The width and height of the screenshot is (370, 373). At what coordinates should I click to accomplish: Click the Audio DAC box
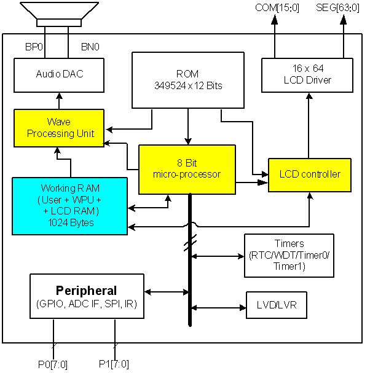[59, 74]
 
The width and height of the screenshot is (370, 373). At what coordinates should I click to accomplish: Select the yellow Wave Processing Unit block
[59, 128]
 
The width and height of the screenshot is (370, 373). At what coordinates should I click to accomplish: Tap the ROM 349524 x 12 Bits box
[188, 80]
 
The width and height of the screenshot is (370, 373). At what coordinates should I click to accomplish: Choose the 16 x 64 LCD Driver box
[307, 74]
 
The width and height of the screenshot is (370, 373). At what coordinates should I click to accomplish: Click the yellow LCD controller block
[309, 175]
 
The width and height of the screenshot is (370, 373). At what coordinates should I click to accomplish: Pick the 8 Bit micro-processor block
[187, 169]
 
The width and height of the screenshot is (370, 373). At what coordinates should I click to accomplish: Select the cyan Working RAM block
[69, 206]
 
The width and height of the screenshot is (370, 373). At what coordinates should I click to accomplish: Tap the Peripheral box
[87, 296]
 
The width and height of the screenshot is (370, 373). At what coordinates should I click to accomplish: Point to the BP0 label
[33, 47]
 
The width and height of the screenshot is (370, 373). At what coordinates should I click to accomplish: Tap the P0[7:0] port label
[52, 364]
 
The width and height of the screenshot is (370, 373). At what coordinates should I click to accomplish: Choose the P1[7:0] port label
[114, 364]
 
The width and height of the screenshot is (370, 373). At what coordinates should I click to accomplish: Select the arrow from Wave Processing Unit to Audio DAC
[59, 100]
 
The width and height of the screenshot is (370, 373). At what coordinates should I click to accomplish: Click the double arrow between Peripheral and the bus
[166, 292]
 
